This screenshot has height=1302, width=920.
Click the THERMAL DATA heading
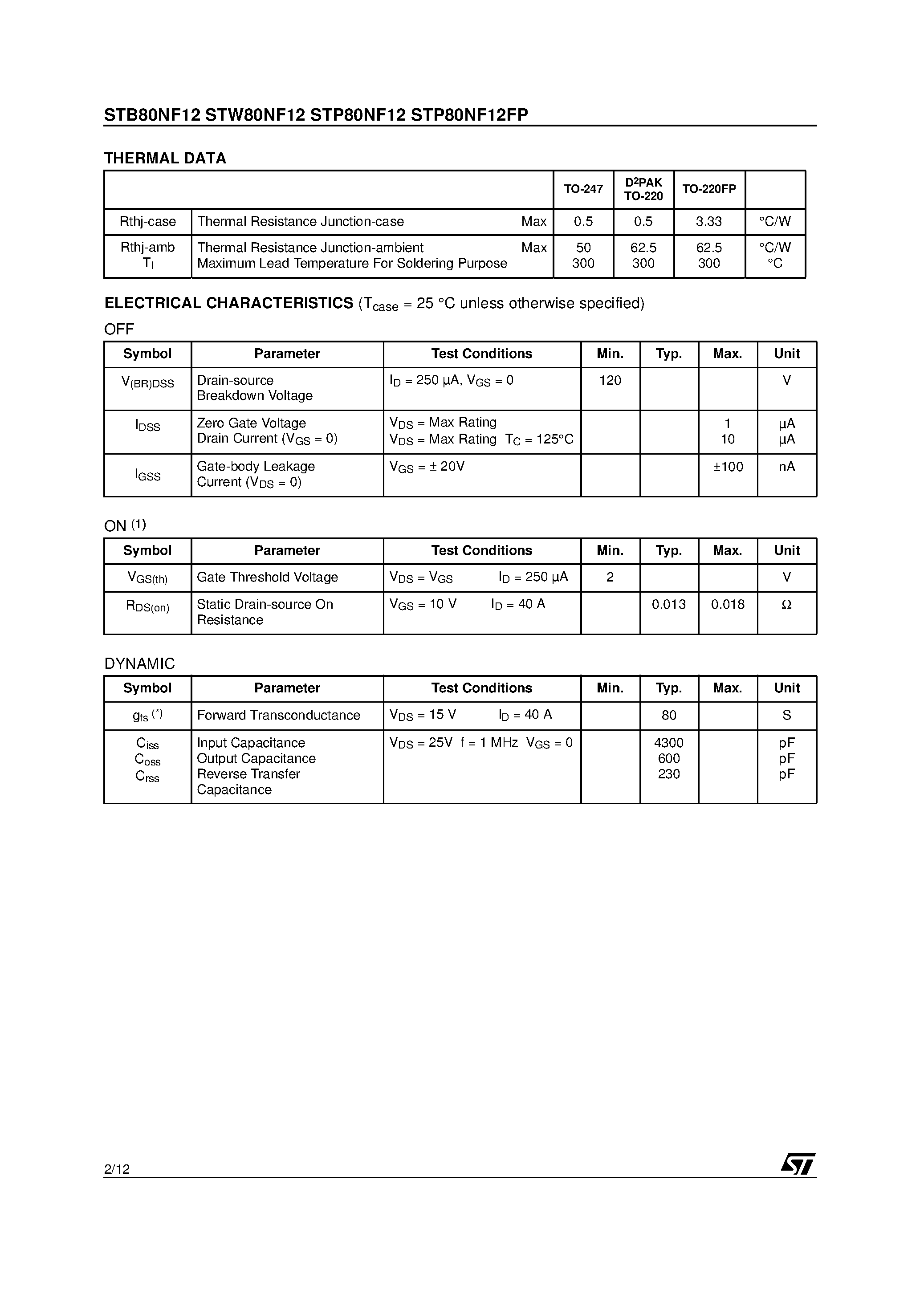(x=165, y=158)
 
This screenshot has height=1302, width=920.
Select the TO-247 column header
(x=583, y=189)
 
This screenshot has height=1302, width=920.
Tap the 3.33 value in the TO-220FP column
(x=708, y=222)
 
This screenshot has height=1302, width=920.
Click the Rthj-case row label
(x=147, y=222)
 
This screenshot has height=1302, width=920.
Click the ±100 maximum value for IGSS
(x=728, y=467)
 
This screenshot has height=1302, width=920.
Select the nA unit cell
(x=787, y=467)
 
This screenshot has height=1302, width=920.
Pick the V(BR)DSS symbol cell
(x=147, y=383)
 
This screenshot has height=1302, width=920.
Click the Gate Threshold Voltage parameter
(x=267, y=577)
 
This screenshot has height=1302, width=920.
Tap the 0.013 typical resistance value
(x=669, y=605)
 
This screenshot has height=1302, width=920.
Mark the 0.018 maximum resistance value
(x=728, y=605)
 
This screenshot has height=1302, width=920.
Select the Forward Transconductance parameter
(x=278, y=715)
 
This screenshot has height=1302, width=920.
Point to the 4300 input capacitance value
(x=669, y=743)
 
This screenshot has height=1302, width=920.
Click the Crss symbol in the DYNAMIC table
(x=147, y=776)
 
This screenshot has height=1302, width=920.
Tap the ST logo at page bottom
(x=798, y=1164)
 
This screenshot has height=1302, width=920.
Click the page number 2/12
(x=117, y=1169)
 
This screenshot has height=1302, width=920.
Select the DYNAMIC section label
(x=139, y=663)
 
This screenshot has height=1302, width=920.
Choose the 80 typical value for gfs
(x=669, y=715)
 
